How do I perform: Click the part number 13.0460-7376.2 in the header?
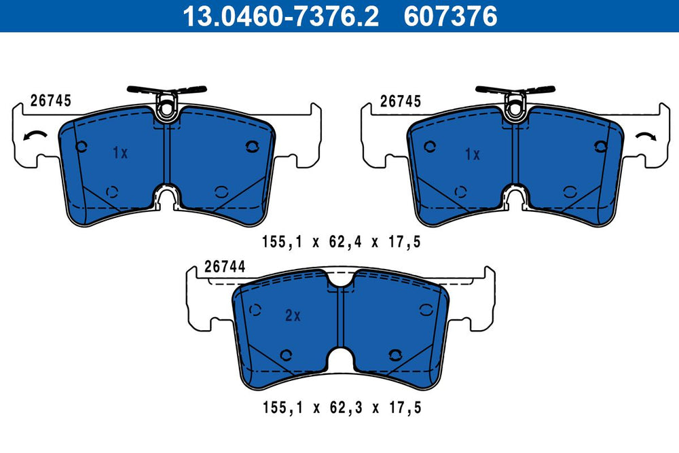coord(280,16)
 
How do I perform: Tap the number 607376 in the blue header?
coord(450,16)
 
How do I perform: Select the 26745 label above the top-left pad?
coord(51,101)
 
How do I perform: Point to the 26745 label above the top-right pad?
coord(401,101)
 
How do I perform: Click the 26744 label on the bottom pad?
coord(225,266)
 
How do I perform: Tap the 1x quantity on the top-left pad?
coord(120,152)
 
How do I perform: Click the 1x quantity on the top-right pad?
coord(473,154)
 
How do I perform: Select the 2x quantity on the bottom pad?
coord(293,316)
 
